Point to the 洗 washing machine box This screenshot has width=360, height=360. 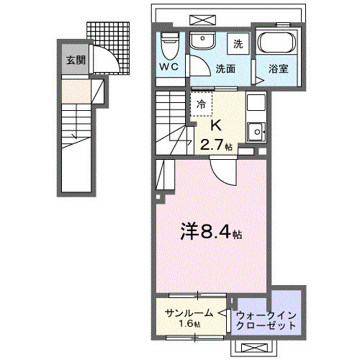(237, 43)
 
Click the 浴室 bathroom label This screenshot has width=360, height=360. (279, 70)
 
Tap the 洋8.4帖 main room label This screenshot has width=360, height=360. (209, 234)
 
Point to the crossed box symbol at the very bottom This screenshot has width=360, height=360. (253, 348)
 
